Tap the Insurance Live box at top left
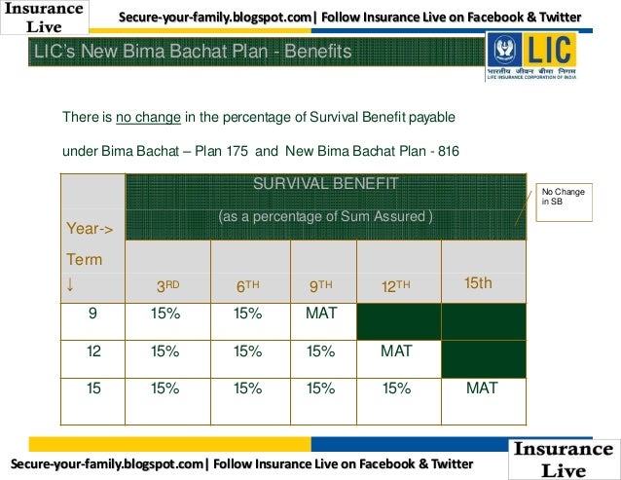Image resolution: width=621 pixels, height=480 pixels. (44, 17)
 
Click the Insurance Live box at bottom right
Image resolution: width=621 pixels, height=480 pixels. (564, 459)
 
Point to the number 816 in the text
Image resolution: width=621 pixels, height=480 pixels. (448, 151)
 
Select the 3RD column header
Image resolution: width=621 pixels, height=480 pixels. (167, 286)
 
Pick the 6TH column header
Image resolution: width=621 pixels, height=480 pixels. (249, 286)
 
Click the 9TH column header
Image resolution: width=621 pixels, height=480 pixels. (321, 286)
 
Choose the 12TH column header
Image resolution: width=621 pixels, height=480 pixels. (395, 286)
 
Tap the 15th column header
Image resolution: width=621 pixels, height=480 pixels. (478, 283)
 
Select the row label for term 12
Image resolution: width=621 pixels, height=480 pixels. (93, 351)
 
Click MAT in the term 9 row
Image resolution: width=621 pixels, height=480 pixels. (321, 314)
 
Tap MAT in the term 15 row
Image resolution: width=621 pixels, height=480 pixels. (482, 388)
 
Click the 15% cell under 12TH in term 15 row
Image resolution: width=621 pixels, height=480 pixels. (396, 388)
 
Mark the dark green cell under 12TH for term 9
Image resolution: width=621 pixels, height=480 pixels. (399, 321)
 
